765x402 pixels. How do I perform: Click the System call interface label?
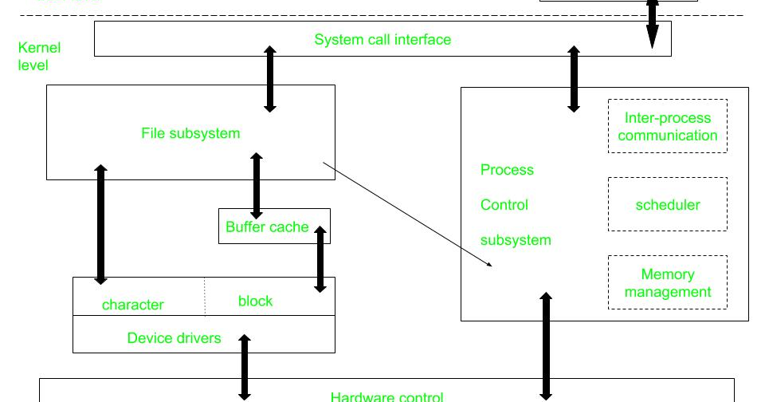click(x=382, y=39)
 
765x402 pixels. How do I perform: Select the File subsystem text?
click(x=190, y=133)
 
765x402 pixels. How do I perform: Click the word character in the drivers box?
click(x=133, y=305)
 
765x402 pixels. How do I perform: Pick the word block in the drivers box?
click(x=255, y=301)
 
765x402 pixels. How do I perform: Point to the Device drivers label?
click(x=174, y=338)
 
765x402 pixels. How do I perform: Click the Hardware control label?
click(x=386, y=396)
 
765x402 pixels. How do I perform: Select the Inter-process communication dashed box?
click(x=667, y=126)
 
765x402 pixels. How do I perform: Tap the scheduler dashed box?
click(x=667, y=205)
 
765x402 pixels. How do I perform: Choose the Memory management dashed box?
click(x=667, y=282)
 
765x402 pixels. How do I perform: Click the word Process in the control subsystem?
click(x=507, y=170)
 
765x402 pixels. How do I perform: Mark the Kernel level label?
click(x=38, y=56)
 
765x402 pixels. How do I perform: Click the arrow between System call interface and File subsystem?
click(x=270, y=78)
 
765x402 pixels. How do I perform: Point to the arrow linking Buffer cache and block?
click(x=320, y=258)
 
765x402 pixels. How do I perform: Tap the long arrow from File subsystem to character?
click(x=100, y=224)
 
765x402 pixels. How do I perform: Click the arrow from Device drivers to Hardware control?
click(x=245, y=367)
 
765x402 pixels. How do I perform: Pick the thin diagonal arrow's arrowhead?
click(x=489, y=263)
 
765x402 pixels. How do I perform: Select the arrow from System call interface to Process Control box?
click(x=573, y=78)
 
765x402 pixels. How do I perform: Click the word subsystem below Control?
click(x=516, y=239)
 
